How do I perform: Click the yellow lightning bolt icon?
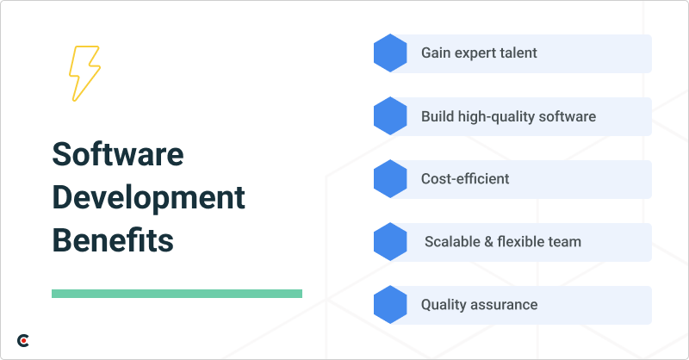pos(84,73)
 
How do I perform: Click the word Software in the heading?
pos(118,156)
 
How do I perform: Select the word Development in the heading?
pos(148,197)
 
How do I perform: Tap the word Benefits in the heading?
pos(113,239)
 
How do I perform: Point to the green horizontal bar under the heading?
pos(177,294)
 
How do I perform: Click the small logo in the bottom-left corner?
pos(23,341)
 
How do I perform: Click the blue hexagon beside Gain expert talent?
pos(390,53)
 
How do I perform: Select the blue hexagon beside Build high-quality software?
pos(390,116)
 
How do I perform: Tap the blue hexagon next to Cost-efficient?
pos(390,179)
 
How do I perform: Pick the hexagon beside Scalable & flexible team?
pos(390,242)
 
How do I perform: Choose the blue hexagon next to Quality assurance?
pos(390,305)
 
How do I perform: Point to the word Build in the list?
pos(438,116)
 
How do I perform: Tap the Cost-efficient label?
pos(465,179)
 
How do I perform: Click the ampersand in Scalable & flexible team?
pos(489,242)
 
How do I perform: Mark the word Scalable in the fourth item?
pos(453,242)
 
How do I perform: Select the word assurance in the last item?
pos(506,305)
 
